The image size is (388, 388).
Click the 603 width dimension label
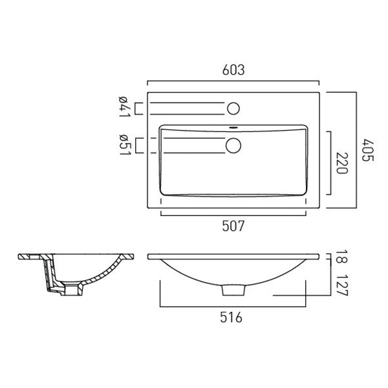tap(233, 70)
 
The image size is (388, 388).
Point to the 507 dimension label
tap(233, 226)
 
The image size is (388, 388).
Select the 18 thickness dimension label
tap(342, 260)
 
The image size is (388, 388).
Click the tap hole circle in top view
tap(233, 107)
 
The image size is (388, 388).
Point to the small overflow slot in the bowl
tap(233, 128)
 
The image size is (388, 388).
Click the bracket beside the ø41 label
tap(137, 107)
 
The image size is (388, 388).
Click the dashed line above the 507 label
tap(233, 213)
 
